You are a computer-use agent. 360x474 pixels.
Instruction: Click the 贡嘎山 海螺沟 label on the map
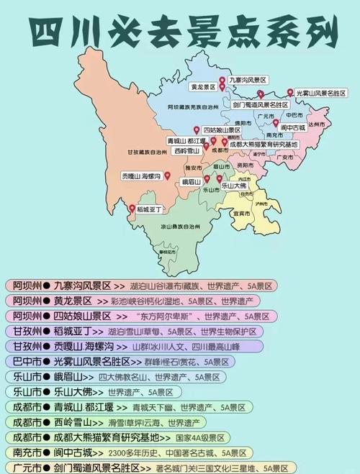[140, 176]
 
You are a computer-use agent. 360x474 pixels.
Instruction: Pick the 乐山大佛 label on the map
[234, 185]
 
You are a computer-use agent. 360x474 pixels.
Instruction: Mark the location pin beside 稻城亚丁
[131, 209]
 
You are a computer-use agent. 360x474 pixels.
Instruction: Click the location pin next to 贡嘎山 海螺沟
[166, 175]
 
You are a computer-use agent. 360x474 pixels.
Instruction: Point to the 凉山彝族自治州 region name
[172, 225]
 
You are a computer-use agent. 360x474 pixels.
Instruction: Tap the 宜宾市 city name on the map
[241, 213]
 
